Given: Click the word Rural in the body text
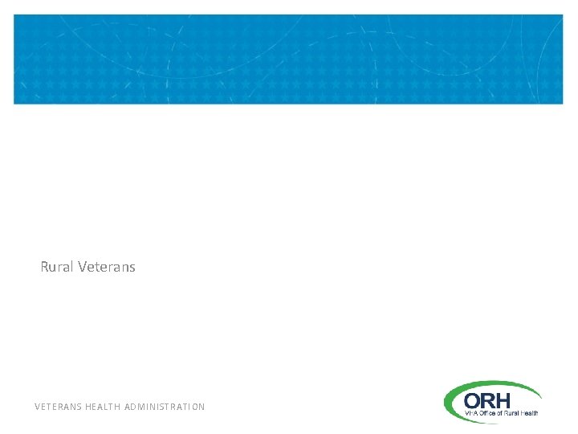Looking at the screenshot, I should [x=58, y=267].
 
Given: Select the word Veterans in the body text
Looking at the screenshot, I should [x=108, y=267].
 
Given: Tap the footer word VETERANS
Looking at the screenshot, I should [x=56, y=407].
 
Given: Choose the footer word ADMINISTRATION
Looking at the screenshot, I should [x=165, y=407].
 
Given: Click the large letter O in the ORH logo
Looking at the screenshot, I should [x=474, y=400].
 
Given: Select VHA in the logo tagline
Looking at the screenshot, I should [x=472, y=413].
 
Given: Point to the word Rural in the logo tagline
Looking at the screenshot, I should [x=512, y=413].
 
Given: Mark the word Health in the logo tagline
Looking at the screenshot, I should [x=530, y=413].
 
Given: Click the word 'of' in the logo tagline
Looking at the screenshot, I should [x=501, y=413].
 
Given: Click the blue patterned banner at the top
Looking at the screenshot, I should [x=289, y=59].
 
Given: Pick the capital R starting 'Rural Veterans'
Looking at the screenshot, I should [x=45, y=267].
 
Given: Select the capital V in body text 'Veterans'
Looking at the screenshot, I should [x=84, y=267].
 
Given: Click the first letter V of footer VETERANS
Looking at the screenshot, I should [x=38, y=407].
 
